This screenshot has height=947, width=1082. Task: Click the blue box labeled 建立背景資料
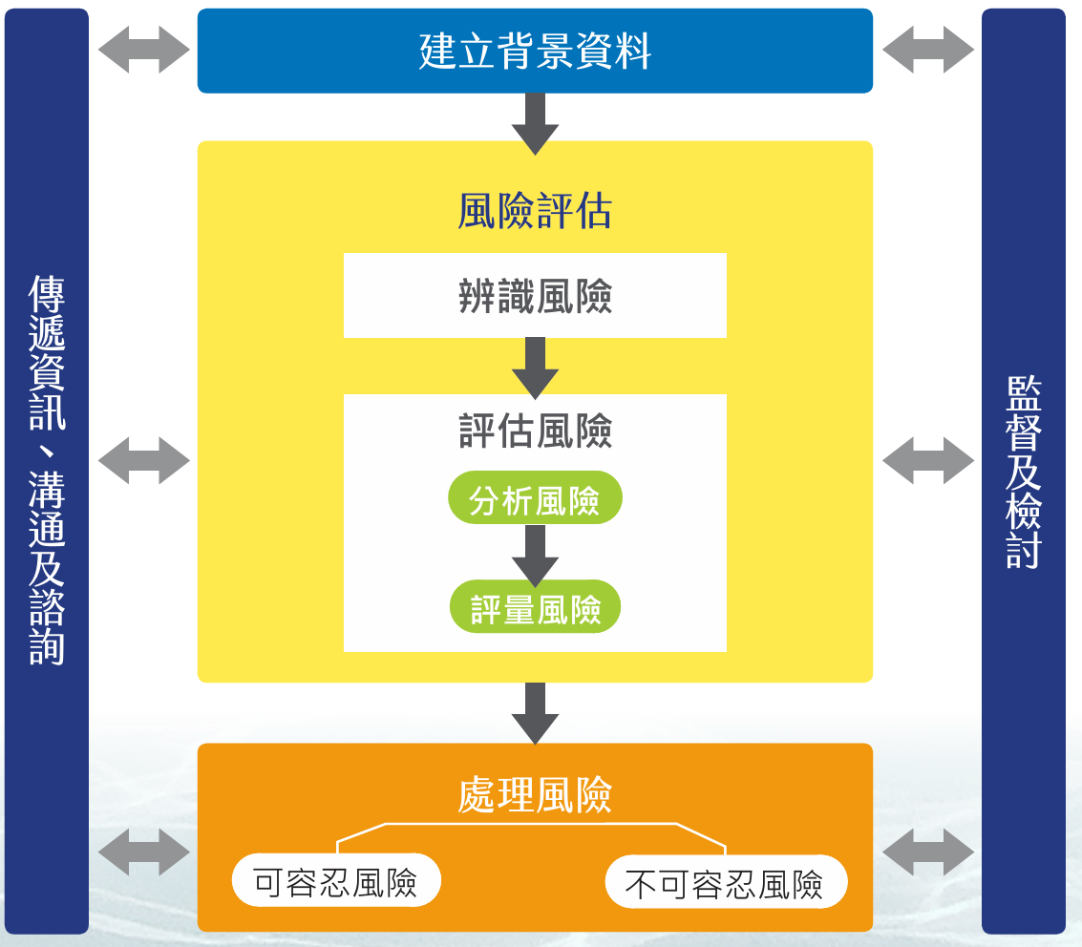535,51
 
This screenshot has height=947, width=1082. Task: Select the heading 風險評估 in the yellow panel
535,211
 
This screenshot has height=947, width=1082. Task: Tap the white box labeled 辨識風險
535,296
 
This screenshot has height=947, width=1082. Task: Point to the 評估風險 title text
535,431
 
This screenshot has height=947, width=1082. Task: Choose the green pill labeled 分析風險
535,499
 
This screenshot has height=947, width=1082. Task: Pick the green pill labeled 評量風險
535,607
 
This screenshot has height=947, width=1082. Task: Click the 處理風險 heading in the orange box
535,795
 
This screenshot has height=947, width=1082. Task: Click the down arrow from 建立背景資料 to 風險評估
535,122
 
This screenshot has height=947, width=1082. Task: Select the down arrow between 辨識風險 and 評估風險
535,367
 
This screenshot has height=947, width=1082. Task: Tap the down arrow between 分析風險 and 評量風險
535,555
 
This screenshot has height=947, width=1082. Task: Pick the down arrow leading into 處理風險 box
535,712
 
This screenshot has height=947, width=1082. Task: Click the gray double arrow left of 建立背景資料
144,50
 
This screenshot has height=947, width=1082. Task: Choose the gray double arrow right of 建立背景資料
927,50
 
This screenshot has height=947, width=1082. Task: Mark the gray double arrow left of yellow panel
144,461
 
